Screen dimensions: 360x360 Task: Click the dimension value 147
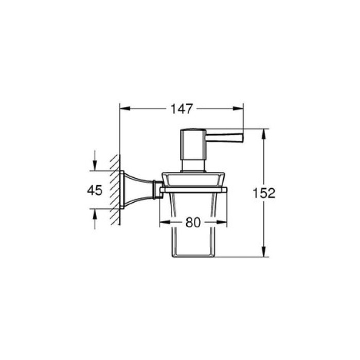coord(182,109)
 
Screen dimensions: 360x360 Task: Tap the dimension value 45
coord(95,190)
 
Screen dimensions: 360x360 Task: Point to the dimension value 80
coord(192,223)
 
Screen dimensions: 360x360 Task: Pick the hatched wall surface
coord(117,190)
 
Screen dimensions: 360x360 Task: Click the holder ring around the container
coord(192,190)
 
